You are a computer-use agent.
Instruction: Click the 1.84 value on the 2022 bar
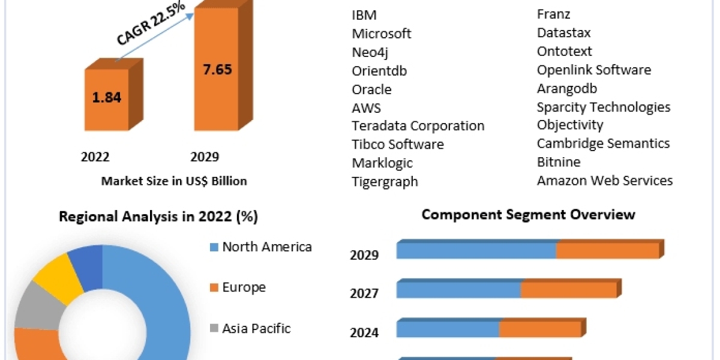click(107, 98)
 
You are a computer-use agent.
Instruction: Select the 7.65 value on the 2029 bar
click(217, 68)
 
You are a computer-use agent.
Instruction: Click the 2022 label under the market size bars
click(95, 157)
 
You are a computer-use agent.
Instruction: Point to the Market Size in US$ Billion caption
click(174, 181)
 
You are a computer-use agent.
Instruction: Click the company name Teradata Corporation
click(418, 126)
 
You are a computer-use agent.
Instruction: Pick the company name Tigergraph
click(385, 181)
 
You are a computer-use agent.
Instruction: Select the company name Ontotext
click(564, 52)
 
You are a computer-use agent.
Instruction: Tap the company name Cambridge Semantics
click(603, 143)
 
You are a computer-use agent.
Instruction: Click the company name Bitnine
click(559, 162)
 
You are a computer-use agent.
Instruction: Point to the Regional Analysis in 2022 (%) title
click(158, 217)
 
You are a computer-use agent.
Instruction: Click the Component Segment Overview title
click(528, 214)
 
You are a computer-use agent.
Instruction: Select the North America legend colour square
click(214, 247)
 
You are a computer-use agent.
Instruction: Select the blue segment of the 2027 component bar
click(458, 290)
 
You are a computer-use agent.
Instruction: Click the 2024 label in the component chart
click(364, 332)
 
